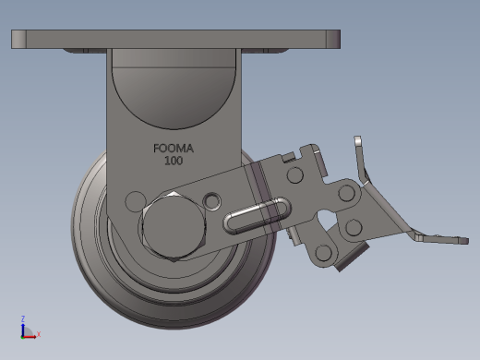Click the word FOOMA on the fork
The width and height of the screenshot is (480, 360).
click(174, 149)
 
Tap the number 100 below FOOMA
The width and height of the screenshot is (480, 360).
click(174, 161)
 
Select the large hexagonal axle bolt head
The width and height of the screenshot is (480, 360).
click(174, 226)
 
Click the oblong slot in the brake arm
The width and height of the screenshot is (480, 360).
click(257, 215)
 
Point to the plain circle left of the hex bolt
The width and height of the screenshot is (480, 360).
click(135, 201)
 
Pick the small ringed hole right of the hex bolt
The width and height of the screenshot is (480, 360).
click(211, 201)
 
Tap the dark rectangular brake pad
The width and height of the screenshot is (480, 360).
click(353, 256)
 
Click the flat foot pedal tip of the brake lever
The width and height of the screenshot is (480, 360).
click(443, 239)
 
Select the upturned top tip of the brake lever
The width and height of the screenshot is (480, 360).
click(357, 140)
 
